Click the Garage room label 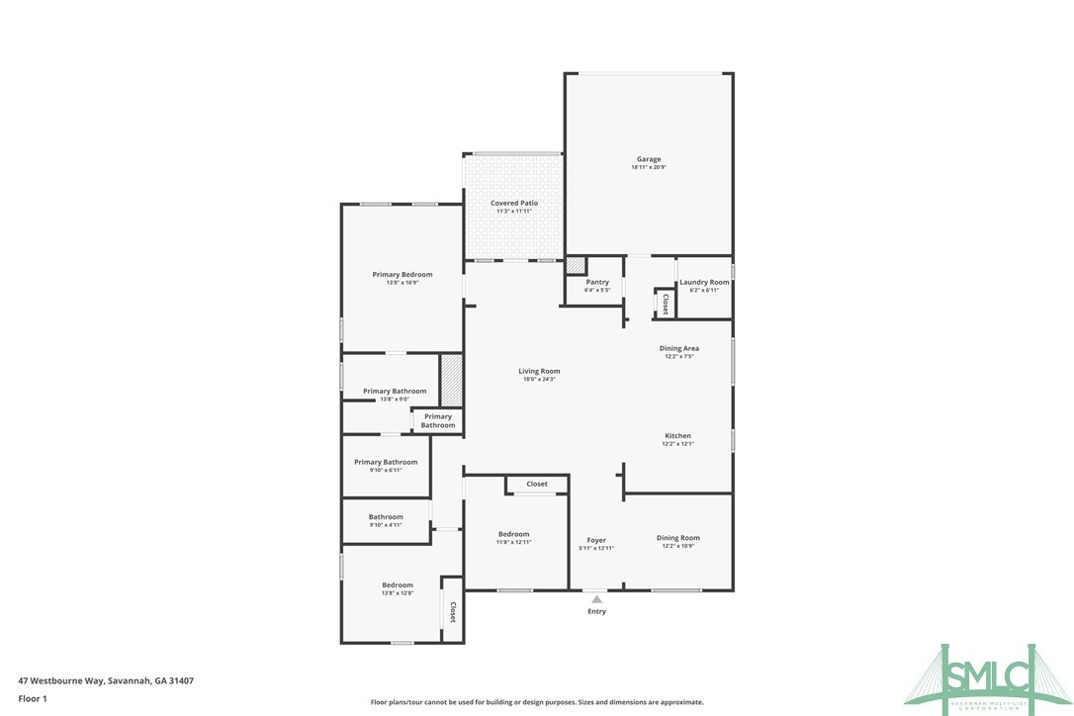648,159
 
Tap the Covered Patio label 514,203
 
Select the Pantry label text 596,282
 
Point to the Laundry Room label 704,282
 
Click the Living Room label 539,371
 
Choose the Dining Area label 679,348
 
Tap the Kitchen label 677,436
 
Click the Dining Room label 677,538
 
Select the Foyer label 596,540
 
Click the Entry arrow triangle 596,599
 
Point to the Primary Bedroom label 402,274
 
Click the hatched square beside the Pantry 575,265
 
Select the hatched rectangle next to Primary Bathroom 451,380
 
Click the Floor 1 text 33,698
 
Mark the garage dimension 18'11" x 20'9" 648,167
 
